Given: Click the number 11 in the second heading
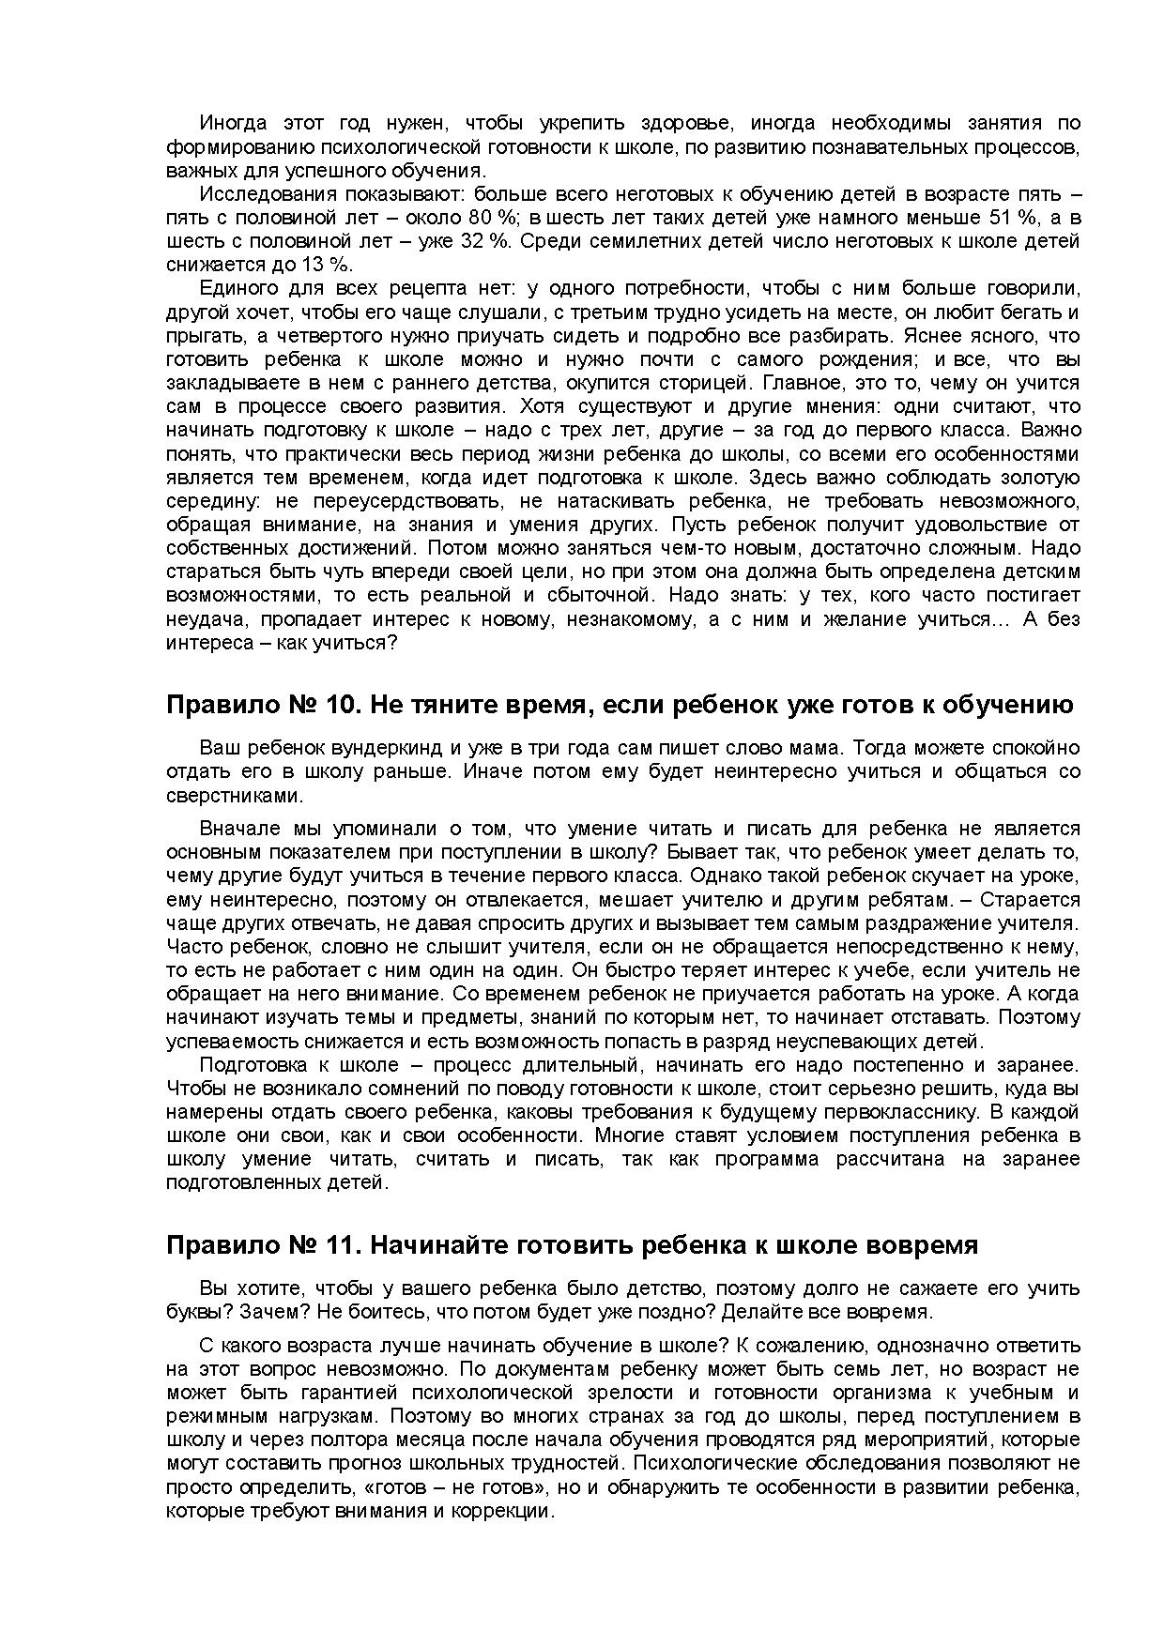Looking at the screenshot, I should tap(334, 1245).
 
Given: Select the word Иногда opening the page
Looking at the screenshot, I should tap(233, 123).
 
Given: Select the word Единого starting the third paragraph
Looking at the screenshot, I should tap(237, 288).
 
